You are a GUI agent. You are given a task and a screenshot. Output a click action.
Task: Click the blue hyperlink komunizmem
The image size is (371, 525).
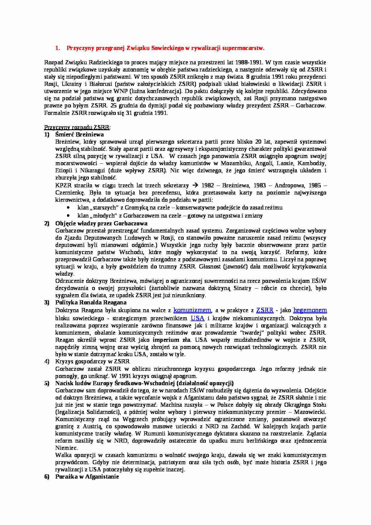192,310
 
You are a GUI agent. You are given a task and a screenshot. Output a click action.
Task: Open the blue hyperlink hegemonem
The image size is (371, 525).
310,310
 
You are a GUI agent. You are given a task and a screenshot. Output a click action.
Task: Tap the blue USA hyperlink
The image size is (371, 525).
197,318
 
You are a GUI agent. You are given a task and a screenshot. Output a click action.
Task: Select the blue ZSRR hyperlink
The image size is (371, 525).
265,310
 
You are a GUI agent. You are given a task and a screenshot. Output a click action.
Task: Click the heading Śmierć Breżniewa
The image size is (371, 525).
79,134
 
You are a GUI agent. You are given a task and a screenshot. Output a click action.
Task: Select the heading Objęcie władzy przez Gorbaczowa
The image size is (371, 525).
101,223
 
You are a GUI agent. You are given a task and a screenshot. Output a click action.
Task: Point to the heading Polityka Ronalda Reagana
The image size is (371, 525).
91,302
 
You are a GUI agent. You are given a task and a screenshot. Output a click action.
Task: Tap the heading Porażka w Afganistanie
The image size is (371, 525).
87,477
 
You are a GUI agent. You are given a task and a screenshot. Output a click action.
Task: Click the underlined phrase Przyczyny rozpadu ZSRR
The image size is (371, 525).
77,127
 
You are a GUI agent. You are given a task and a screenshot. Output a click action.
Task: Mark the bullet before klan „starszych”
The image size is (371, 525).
69,207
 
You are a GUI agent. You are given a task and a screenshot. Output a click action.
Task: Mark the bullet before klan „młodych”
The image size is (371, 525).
69,216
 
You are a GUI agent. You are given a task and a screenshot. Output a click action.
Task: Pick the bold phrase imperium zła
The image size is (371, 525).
171,340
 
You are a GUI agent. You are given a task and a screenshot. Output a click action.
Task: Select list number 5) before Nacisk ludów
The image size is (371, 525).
47,383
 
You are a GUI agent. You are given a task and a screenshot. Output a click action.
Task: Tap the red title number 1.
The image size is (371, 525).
57,48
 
